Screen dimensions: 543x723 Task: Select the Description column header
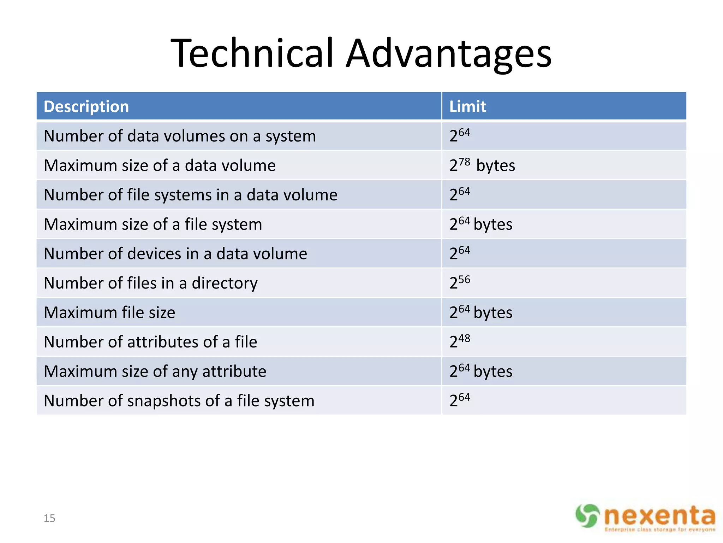[x=86, y=106]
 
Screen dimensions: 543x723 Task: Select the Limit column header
[x=467, y=106]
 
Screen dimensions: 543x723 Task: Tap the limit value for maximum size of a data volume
[x=482, y=165]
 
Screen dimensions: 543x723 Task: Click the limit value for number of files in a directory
[x=460, y=282]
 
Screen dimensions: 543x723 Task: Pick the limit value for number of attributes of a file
[x=460, y=341]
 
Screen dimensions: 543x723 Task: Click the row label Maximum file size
[x=109, y=313]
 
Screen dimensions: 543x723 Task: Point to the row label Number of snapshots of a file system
[x=179, y=401]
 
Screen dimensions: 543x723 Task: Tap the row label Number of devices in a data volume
[x=175, y=254]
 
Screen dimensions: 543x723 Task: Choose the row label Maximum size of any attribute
[x=155, y=372]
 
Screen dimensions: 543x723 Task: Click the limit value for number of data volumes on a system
[x=460, y=135]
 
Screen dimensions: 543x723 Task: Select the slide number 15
[x=49, y=518]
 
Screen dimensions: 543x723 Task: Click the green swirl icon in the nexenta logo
[x=587, y=515]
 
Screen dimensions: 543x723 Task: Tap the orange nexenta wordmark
[x=659, y=515]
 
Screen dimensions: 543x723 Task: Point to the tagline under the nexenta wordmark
[x=659, y=530]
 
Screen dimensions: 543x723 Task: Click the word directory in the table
[x=225, y=283]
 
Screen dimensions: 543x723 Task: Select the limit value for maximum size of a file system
[x=480, y=224]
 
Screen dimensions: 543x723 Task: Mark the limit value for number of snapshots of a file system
[x=460, y=400]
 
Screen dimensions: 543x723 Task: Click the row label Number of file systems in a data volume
[x=191, y=195]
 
